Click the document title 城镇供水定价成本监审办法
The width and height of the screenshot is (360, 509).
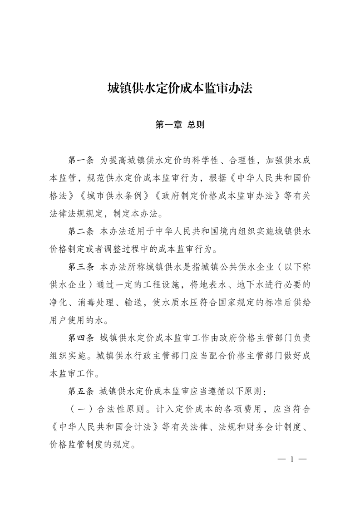point(180,88)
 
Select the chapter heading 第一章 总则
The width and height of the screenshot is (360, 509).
point(180,125)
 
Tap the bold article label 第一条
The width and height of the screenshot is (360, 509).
point(80,161)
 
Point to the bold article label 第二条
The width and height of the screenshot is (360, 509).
point(80,231)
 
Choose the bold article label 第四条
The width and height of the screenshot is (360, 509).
point(80,338)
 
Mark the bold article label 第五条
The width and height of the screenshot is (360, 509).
point(80,391)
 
